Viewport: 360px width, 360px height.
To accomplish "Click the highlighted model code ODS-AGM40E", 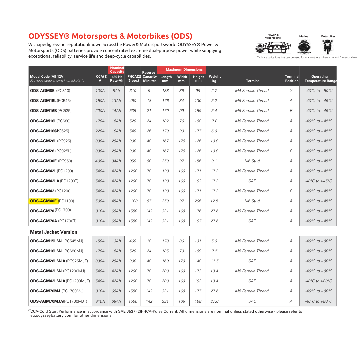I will click(x=44, y=201).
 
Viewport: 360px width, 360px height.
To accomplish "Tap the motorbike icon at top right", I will click(x=328, y=47).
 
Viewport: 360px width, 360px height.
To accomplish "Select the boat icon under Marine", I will click(x=303, y=47).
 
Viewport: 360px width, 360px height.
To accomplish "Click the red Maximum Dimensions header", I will click(x=184, y=70).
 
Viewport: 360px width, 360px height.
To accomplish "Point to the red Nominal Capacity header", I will click(x=117, y=70).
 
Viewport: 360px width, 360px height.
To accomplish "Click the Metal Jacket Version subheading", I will click(x=54, y=232).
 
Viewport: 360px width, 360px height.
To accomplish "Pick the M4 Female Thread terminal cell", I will click(x=252, y=91).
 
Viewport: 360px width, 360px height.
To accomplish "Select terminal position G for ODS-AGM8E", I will click(x=291, y=91).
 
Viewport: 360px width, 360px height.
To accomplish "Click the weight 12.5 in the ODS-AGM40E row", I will click(x=214, y=201).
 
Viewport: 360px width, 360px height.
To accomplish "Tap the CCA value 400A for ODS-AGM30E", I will click(x=100, y=161).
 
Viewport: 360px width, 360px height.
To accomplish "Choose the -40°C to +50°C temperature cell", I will click(x=319, y=91).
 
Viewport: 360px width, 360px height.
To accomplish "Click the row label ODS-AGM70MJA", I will click(x=46, y=301).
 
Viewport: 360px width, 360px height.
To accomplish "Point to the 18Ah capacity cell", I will click(x=116, y=131).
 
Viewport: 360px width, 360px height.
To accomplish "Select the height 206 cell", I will click(x=198, y=201).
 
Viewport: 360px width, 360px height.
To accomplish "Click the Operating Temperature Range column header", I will click(x=320, y=79).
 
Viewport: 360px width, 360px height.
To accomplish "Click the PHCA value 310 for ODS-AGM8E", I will click(x=133, y=91).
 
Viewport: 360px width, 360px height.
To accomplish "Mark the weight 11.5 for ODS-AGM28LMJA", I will click(x=214, y=261).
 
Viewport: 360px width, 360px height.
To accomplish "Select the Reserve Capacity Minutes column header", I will click(x=149, y=77).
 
